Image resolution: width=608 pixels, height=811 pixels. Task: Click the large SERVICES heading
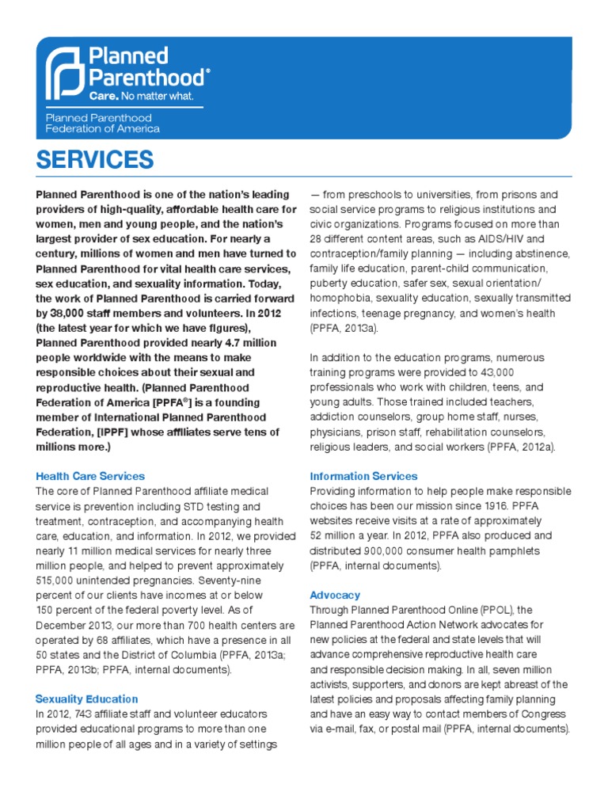coord(95,159)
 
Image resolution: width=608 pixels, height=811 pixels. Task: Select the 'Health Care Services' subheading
coord(90,476)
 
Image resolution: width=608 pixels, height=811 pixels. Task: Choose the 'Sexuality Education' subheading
coord(86,699)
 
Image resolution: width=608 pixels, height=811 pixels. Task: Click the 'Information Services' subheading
coord(363,476)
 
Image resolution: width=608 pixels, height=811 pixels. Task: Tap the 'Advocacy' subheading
coord(335,594)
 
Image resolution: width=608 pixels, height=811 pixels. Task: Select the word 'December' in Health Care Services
coord(63,625)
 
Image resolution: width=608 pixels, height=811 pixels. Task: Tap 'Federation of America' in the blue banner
coord(102,128)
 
